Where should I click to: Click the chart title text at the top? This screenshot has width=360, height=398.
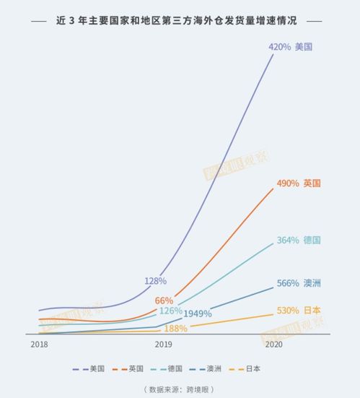click(180, 21)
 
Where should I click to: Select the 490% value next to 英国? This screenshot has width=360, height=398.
click(288, 183)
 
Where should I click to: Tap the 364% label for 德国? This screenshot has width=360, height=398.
click(288, 240)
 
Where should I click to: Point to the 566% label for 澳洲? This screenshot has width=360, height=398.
click(288, 283)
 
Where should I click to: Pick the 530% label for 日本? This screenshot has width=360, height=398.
click(288, 311)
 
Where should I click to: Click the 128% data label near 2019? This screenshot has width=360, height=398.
click(155, 280)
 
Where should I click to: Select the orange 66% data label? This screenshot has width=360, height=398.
click(164, 300)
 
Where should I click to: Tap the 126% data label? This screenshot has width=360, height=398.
click(170, 311)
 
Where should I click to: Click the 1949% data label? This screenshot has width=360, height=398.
click(197, 314)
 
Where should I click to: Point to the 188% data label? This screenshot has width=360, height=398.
click(175, 329)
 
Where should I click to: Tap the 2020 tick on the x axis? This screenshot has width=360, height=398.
click(274, 345)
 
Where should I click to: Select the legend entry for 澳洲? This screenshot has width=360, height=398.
click(214, 368)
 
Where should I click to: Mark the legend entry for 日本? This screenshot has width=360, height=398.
click(253, 368)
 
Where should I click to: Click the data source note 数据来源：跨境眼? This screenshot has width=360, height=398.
click(180, 389)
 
